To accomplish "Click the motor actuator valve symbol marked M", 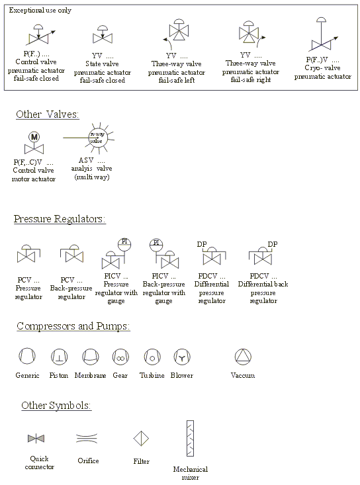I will (x=33, y=143).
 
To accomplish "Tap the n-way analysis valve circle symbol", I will (x=97, y=140).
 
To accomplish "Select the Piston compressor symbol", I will (x=58, y=357).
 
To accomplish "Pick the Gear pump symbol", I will (x=120, y=357).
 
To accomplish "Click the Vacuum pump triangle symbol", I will (x=243, y=357).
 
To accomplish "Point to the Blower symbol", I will (x=182, y=357).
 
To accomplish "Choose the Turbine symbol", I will (x=152, y=357).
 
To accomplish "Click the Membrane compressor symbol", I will (x=90, y=357).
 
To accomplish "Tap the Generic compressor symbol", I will (x=26, y=357).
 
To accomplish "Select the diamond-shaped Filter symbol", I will (x=141, y=438).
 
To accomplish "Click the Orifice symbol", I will (x=87, y=438).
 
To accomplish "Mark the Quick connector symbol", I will (x=36, y=438).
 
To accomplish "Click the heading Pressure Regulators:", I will (x=60, y=219).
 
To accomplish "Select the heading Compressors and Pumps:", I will (x=73, y=326).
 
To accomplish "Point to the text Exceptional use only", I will (x=40, y=11).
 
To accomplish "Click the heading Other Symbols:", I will (x=56, y=406).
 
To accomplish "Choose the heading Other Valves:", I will (x=48, y=114).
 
